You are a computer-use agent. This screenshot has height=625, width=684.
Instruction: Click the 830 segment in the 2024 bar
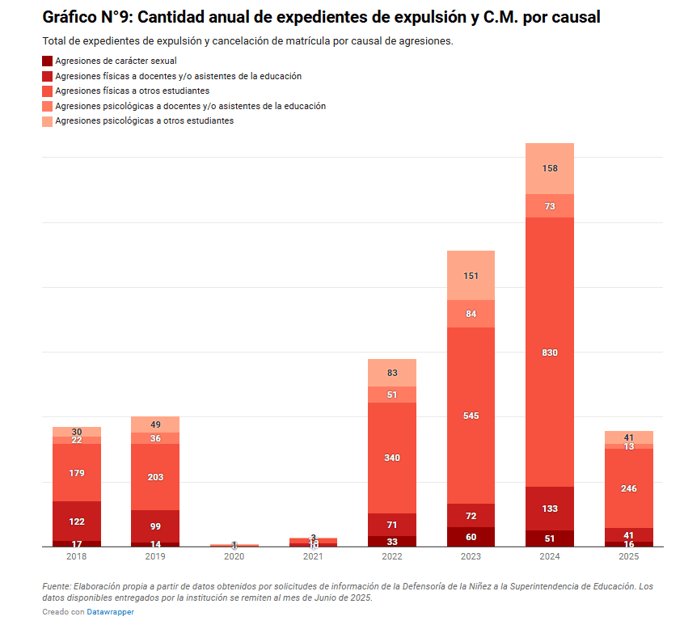[550, 353]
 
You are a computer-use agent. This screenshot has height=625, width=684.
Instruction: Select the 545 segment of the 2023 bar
[471, 416]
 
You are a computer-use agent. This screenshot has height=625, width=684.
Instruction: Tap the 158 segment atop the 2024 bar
[550, 168]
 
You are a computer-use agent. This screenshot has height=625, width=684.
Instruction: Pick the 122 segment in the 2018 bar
[77, 522]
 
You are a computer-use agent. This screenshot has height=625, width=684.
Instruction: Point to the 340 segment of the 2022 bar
[392, 458]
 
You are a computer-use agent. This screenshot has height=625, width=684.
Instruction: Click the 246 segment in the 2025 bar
[629, 488]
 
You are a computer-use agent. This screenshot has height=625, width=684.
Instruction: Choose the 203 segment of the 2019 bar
[155, 477]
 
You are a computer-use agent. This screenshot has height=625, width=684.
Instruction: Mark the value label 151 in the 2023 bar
[471, 276]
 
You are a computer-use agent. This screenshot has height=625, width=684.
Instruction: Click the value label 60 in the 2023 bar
[471, 537]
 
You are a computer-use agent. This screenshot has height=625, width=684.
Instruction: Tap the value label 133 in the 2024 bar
[550, 509]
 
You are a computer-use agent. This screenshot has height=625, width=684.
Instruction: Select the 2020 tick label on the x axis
[234, 556]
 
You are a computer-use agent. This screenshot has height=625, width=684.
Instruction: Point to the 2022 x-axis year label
[392, 556]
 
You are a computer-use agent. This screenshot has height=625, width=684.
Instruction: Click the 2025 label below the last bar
[629, 556]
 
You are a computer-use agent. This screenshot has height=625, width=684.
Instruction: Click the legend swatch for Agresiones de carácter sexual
[47, 61]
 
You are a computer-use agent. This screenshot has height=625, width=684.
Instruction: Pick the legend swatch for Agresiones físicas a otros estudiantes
[47, 91]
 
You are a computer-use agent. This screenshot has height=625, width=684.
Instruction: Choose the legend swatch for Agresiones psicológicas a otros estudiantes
[47, 121]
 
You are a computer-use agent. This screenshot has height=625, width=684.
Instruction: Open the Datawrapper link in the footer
[110, 612]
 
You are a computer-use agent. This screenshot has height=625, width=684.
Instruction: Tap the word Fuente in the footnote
[58, 586]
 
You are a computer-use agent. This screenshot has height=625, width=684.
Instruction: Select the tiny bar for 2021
[313, 542]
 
